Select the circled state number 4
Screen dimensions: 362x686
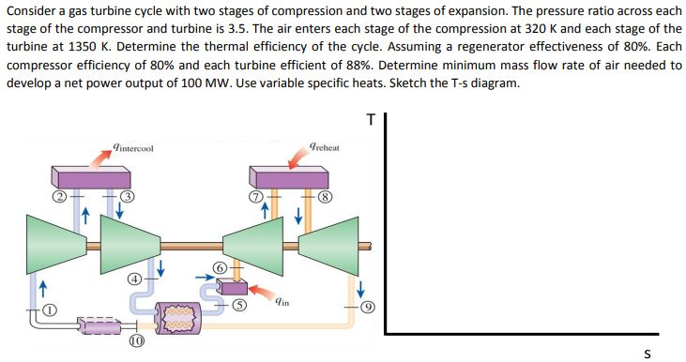(x=135, y=279)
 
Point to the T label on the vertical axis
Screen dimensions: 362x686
(x=372, y=119)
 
